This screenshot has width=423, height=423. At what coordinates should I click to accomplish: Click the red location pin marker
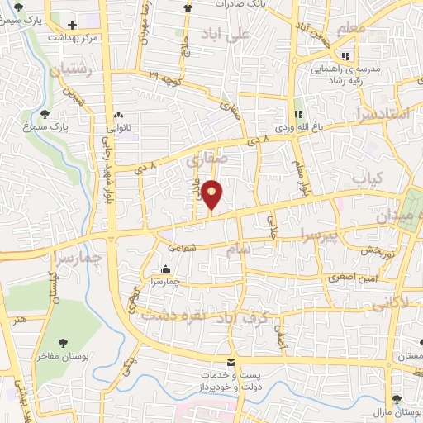pyautogui.click(x=213, y=195)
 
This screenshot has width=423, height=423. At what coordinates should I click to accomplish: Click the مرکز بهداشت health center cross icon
pyautogui.click(x=73, y=25)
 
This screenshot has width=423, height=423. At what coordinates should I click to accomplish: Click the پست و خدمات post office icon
pyautogui.click(x=230, y=364)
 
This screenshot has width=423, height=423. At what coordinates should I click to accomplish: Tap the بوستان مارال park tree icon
pyautogui.click(x=397, y=399)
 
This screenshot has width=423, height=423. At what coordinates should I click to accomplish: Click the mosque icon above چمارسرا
pyautogui.click(x=165, y=269)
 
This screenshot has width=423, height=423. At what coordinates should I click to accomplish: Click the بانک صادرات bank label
pyautogui.click(x=238, y=4)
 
